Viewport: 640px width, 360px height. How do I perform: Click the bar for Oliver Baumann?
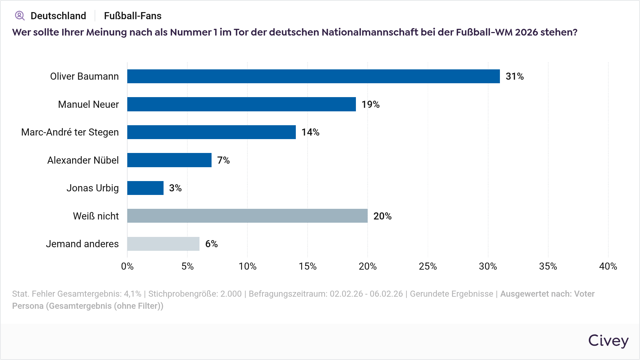313,76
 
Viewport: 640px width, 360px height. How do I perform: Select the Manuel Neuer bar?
241,104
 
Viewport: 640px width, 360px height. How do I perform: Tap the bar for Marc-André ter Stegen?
211,132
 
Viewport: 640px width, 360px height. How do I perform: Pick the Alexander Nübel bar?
169,160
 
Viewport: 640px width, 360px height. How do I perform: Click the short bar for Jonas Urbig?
145,188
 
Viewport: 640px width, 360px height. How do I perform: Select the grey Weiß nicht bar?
247,216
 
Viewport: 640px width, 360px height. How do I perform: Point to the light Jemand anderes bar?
163,244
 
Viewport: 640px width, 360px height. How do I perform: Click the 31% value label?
514,76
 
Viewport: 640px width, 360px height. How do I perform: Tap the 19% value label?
370,104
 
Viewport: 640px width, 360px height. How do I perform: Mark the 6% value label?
211,244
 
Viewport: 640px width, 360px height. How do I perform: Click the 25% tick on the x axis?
428,266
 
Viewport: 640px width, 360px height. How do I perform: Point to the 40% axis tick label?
608,266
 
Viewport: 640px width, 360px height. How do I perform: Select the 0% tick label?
127,266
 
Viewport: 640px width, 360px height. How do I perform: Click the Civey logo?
608,341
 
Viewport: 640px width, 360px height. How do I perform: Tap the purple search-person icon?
20,16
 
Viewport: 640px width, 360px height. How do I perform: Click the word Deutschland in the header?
58,16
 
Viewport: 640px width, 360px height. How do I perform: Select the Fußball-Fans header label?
133,16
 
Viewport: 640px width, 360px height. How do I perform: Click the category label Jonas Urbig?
92,188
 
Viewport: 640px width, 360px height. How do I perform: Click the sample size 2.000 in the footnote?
231,294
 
